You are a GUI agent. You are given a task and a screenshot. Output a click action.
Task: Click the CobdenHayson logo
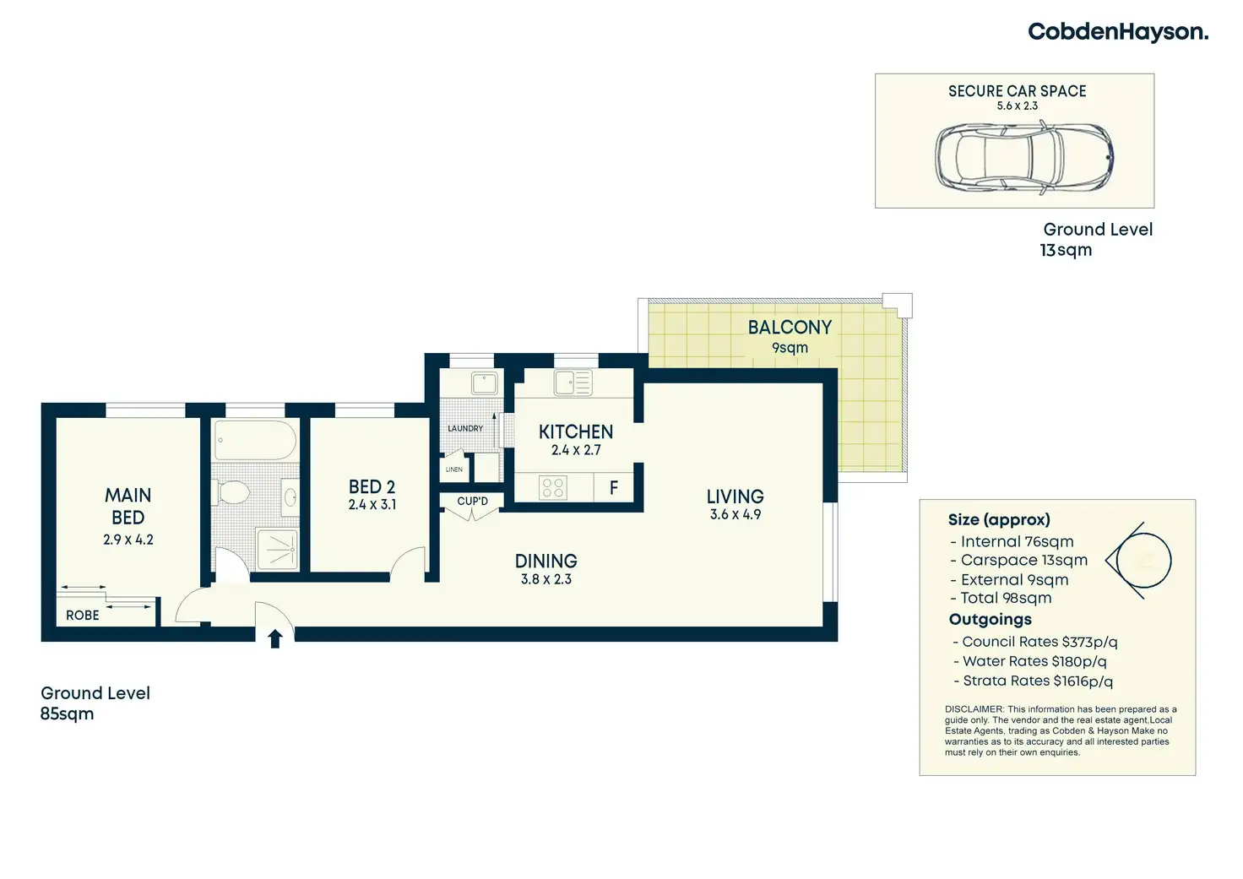[x=1117, y=32]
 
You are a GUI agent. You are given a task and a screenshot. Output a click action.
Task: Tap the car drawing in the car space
[x=1023, y=157]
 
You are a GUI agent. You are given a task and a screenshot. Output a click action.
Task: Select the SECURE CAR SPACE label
[x=1017, y=91]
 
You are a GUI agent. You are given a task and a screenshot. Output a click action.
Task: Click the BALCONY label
[x=790, y=328]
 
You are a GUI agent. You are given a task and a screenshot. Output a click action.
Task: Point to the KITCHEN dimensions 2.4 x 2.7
[x=576, y=450]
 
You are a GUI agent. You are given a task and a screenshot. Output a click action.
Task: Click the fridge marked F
[x=614, y=488]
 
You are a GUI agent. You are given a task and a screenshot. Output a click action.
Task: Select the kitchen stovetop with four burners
[x=553, y=488]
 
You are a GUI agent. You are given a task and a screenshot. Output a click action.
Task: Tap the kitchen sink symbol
[x=573, y=383]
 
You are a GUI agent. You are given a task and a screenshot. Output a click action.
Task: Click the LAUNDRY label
[x=465, y=429]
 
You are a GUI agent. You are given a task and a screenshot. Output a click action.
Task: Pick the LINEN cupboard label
[x=454, y=469]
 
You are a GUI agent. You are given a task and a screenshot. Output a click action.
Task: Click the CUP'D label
[x=472, y=502]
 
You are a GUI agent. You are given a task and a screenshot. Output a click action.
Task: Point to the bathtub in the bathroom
[x=255, y=440]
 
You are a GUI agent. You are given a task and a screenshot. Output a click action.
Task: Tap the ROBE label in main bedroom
[x=83, y=616]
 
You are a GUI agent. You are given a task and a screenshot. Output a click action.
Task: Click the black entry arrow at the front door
[x=274, y=638]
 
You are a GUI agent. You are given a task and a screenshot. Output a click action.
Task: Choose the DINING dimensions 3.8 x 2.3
[x=546, y=579]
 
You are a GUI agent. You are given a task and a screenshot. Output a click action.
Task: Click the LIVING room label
[x=735, y=496]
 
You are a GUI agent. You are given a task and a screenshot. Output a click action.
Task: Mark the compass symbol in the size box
[x=1140, y=561]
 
